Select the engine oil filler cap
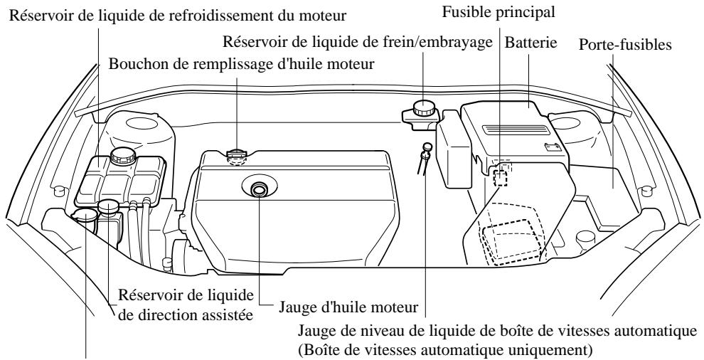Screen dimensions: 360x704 pyautogui.click(x=235, y=154)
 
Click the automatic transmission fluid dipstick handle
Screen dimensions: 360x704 pyautogui.click(x=426, y=148)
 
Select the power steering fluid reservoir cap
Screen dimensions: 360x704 pyautogui.click(x=108, y=207)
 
